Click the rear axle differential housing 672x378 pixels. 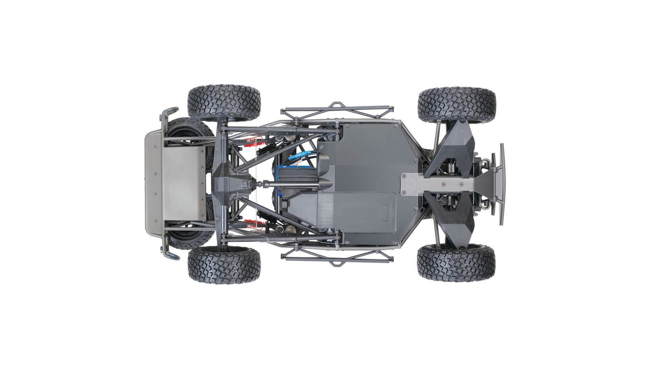click(x=233, y=184)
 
